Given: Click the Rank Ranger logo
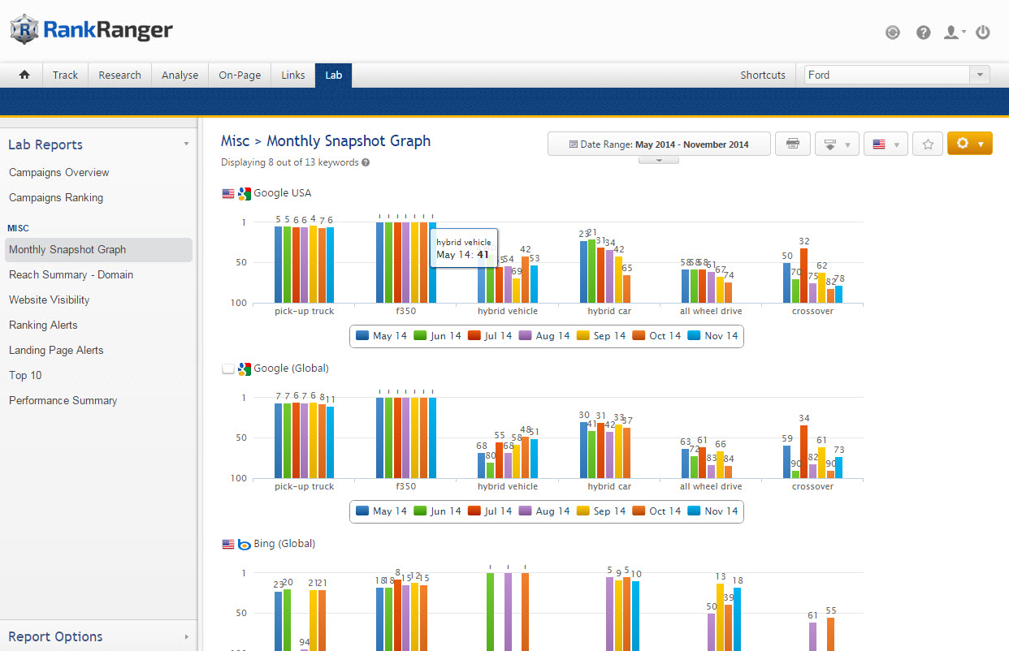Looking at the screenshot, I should coord(91,31).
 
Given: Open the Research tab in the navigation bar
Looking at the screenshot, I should coord(119,75).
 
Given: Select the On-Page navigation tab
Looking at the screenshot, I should coord(240,75).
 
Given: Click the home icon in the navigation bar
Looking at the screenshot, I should coord(24,75).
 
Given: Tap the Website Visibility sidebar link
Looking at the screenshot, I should coord(50,300).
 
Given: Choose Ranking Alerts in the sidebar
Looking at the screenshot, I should coord(43,325).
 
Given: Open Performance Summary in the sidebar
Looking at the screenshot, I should coord(63,400).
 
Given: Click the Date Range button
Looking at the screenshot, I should coord(659,144).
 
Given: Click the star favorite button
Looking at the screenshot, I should coord(928,144).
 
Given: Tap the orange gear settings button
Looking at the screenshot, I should coord(969,144).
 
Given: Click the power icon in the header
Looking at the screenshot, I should coord(983,32).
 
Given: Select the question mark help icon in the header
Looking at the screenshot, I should coord(923,32).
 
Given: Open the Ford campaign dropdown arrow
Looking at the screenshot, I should coord(980,75).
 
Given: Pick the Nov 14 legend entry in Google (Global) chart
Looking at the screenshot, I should coord(712,511).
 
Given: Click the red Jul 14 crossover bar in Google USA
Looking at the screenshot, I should coord(804,275).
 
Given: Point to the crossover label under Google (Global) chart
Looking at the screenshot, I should coord(812,487).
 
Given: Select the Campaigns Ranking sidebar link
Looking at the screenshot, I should coord(56,197).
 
